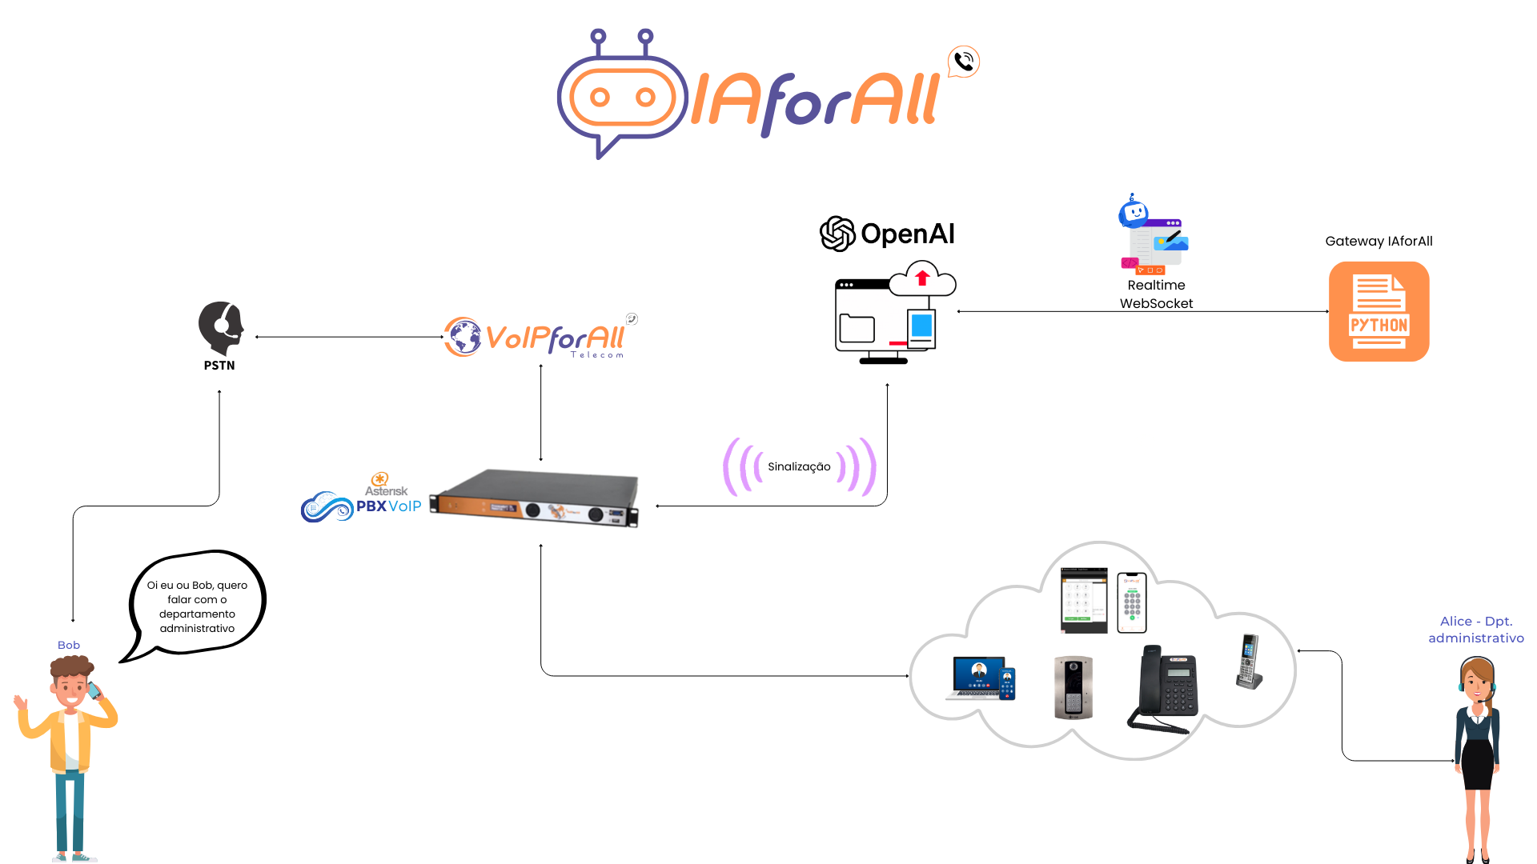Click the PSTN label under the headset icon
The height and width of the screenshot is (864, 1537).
pos(219,366)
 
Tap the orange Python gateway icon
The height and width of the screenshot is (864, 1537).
pos(1378,312)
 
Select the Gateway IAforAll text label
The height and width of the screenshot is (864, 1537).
pos(1378,242)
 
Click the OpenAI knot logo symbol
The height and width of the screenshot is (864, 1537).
pos(837,234)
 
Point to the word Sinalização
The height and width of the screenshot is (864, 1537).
pos(799,466)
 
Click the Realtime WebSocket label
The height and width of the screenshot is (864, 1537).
pos(1156,294)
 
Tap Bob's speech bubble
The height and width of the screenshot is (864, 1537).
pos(197,606)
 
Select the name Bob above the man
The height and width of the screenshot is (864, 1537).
pos(69,646)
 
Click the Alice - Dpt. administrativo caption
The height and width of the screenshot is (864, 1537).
pos(1476,630)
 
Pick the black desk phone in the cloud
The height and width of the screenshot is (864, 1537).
pos(1166,688)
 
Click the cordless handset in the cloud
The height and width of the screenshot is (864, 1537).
pos(1249,661)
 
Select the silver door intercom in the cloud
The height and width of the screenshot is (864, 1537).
pos(1073,688)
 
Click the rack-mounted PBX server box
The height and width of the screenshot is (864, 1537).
pos(535,498)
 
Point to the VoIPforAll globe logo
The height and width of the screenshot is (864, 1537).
pos(463,337)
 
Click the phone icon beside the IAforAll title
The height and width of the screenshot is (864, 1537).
pos(964,62)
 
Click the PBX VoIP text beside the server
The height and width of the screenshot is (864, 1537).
pos(388,506)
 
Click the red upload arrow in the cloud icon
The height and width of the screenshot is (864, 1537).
pos(922,278)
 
